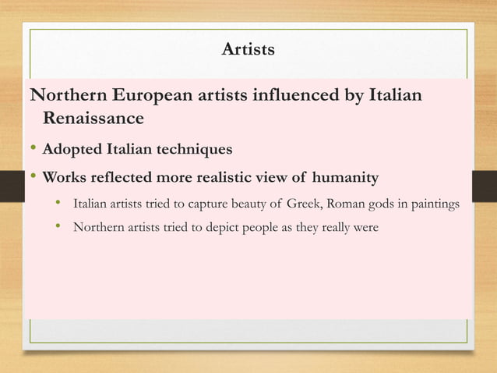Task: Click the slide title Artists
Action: point(248,51)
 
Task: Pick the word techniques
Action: point(192,148)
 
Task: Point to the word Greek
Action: point(305,205)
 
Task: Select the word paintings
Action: point(434,206)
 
